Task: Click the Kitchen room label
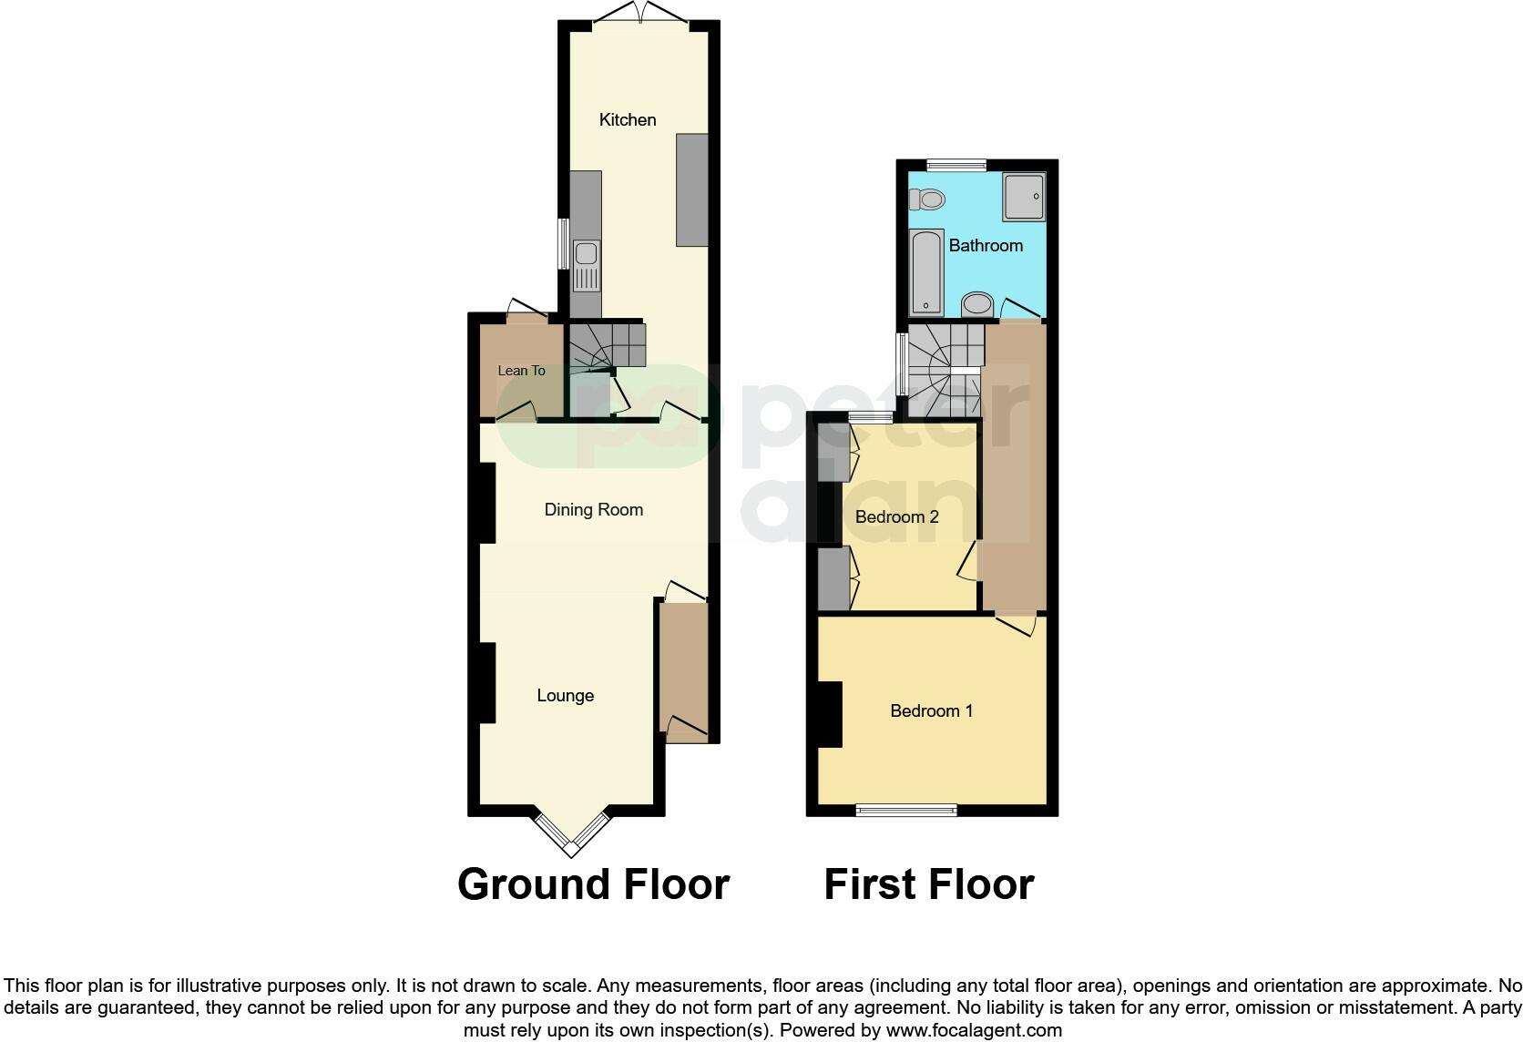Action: pyautogui.click(x=628, y=120)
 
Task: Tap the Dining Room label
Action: pyautogui.click(x=594, y=510)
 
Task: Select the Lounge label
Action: pyautogui.click(x=565, y=696)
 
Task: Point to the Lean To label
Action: pyautogui.click(x=522, y=371)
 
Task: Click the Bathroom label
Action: pyautogui.click(x=986, y=245)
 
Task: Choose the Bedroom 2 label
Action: pyautogui.click(x=897, y=517)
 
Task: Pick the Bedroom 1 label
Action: pyautogui.click(x=932, y=711)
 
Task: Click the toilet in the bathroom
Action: pyautogui.click(x=927, y=199)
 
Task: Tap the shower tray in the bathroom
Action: pyautogui.click(x=1024, y=197)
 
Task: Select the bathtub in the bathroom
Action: pyautogui.click(x=926, y=272)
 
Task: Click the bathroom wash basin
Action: pyautogui.click(x=977, y=304)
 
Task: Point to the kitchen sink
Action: pyautogui.click(x=586, y=266)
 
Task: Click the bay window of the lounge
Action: pyautogui.click(x=572, y=833)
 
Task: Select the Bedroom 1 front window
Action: pyautogui.click(x=906, y=810)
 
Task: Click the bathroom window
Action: pyautogui.click(x=956, y=165)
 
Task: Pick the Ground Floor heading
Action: pyautogui.click(x=594, y=885)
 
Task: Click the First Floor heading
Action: pyautogui.click(x=929, y=885)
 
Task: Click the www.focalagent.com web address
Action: pyautogui.click(x=974, y=1030)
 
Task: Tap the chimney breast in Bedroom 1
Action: pyautogui.click(x=830, y=715)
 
